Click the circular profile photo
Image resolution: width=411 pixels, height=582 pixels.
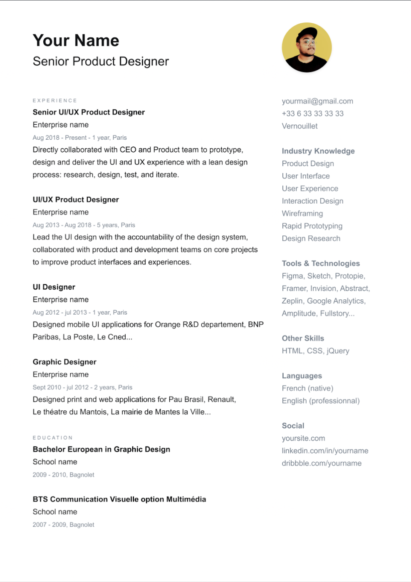[x=307, y=47]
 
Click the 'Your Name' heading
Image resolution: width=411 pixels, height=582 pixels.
[x=76, y=41]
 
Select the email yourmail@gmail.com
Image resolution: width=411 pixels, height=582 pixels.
[x=317, y=101]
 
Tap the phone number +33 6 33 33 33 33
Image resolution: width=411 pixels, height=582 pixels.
[x=313, y=113]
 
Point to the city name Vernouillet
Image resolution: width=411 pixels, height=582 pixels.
[x=300, y=126]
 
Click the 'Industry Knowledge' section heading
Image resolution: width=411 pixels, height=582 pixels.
[x=318, y=151]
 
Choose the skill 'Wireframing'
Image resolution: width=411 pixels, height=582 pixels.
[x=302, y=213]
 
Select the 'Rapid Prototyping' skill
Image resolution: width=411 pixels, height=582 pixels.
[x=312, y=226]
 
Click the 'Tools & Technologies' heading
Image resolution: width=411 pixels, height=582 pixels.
[x=321, y=263]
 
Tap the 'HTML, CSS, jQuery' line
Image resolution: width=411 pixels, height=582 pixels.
[x=315, y=351]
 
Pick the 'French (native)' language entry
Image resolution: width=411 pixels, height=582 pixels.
[x=307, y=388]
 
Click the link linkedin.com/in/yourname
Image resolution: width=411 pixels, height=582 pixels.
[x=325, y=451]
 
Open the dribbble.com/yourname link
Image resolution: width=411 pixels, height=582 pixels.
[x=322, y=463]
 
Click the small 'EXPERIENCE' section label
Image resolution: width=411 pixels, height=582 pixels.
[x=55, y=101]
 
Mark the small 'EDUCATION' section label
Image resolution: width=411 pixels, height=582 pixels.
[x=53, y=438]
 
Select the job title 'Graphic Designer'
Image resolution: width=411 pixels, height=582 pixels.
[x=64, y=362]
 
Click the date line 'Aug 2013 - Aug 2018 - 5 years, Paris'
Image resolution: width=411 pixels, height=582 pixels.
[x=84, y=225]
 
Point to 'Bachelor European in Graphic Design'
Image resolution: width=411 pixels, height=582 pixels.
[x=102, y=449]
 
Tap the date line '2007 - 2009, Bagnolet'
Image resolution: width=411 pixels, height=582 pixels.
[x=63, y=525]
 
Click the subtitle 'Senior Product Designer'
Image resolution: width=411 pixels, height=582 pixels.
[x=101, y=62]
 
